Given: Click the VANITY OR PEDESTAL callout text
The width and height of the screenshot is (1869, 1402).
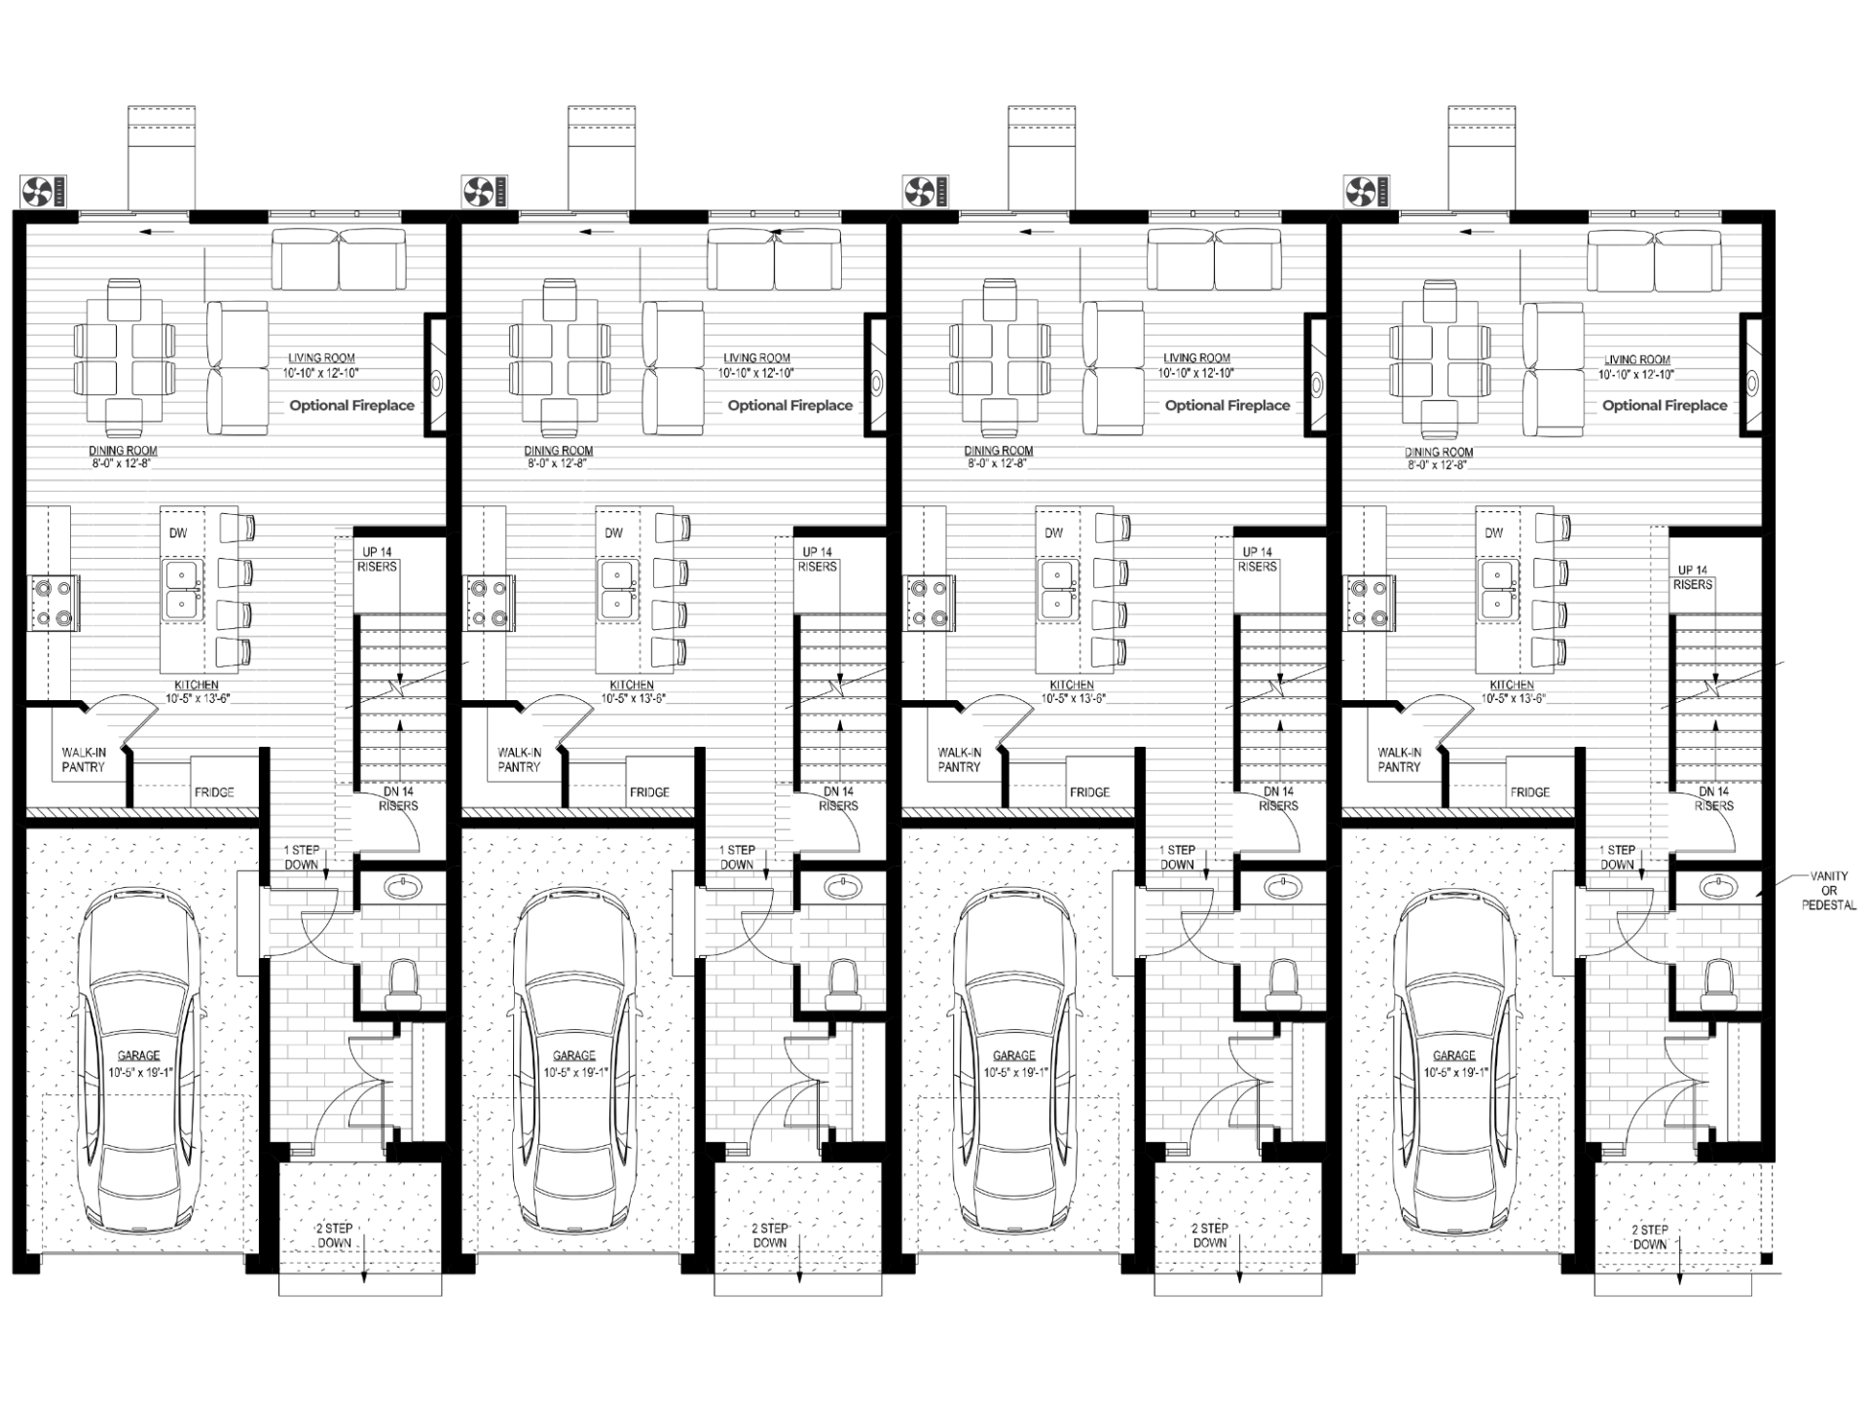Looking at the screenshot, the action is click(1828, 890).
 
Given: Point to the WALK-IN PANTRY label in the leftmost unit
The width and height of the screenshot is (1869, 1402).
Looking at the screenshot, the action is click(83, 759).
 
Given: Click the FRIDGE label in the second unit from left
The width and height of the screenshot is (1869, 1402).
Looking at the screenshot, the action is click(649, 792).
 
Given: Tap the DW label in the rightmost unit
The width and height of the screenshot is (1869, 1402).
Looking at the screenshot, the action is click(1494, 533).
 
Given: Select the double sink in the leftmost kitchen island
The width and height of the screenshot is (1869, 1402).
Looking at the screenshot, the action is click(181, 591).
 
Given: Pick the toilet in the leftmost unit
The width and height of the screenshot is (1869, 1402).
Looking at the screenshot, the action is click(402, 984).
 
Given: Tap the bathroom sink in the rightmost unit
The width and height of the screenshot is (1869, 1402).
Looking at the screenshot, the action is click(1719, 886).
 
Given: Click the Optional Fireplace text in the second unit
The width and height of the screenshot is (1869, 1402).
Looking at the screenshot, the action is click(790, 405).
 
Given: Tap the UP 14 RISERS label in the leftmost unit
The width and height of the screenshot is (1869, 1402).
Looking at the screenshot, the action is click(378, 559).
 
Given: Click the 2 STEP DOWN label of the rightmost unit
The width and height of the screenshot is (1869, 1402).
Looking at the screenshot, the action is click(1650, 1236).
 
